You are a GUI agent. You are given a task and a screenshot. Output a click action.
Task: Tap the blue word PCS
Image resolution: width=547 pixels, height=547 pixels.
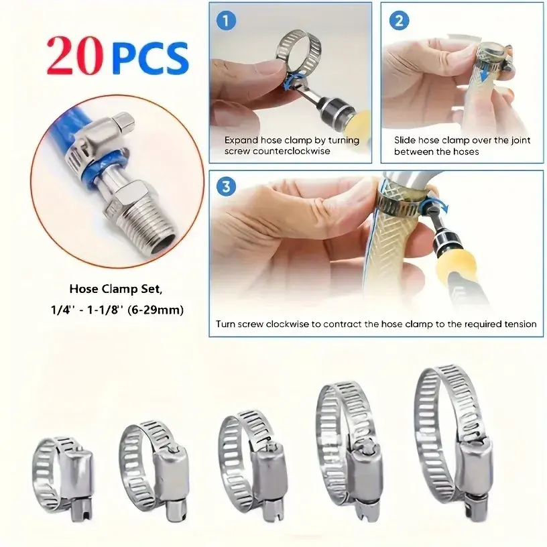[x=150, y=58]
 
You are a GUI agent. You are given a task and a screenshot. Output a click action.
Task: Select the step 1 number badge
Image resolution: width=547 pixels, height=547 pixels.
[x=226, y=21]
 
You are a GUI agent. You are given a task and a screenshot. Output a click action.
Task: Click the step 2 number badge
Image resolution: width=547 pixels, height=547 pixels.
[x=399, y=21]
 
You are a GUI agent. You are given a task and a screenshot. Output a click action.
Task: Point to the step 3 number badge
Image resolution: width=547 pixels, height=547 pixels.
[x=226, y=186]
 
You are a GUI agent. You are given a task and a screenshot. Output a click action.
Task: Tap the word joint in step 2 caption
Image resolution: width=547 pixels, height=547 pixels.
[x=521, y=140]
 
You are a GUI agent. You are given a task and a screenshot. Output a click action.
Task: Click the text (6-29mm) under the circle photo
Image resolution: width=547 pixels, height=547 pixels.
[x=156, y=310]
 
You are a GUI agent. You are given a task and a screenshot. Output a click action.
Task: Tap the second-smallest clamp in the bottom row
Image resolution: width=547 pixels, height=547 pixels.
[x=155, y=471]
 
